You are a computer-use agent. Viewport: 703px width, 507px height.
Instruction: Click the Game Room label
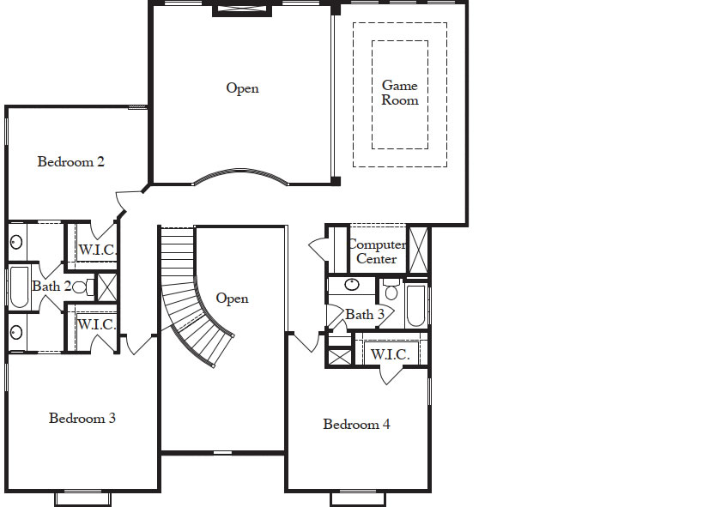[400, 93]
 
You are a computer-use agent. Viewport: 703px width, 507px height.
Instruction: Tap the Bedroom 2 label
[71, 161]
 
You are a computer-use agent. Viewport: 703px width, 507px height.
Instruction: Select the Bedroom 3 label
[82, 419]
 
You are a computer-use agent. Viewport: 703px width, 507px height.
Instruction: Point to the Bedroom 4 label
[356, 424]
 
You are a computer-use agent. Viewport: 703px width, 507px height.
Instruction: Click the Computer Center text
[376, 251]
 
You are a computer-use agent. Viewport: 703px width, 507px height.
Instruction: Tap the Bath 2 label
[51, 286]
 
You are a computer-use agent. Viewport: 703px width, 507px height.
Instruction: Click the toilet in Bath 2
[81, 287]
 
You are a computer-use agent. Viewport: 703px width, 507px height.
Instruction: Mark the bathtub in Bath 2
[18, 287]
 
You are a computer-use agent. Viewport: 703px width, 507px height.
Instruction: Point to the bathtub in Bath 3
[415, 305]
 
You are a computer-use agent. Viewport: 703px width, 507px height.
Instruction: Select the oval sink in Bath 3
[351, 285]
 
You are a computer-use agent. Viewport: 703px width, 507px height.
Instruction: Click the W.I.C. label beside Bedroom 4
[390, 354]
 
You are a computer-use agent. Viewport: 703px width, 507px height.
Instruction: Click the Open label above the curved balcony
[242, 88]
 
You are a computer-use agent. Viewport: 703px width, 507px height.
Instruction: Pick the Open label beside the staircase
[232, 299]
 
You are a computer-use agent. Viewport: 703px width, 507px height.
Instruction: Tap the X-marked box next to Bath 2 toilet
[106, 287]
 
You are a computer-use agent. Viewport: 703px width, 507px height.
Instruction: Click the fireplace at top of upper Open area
[242, 10]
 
